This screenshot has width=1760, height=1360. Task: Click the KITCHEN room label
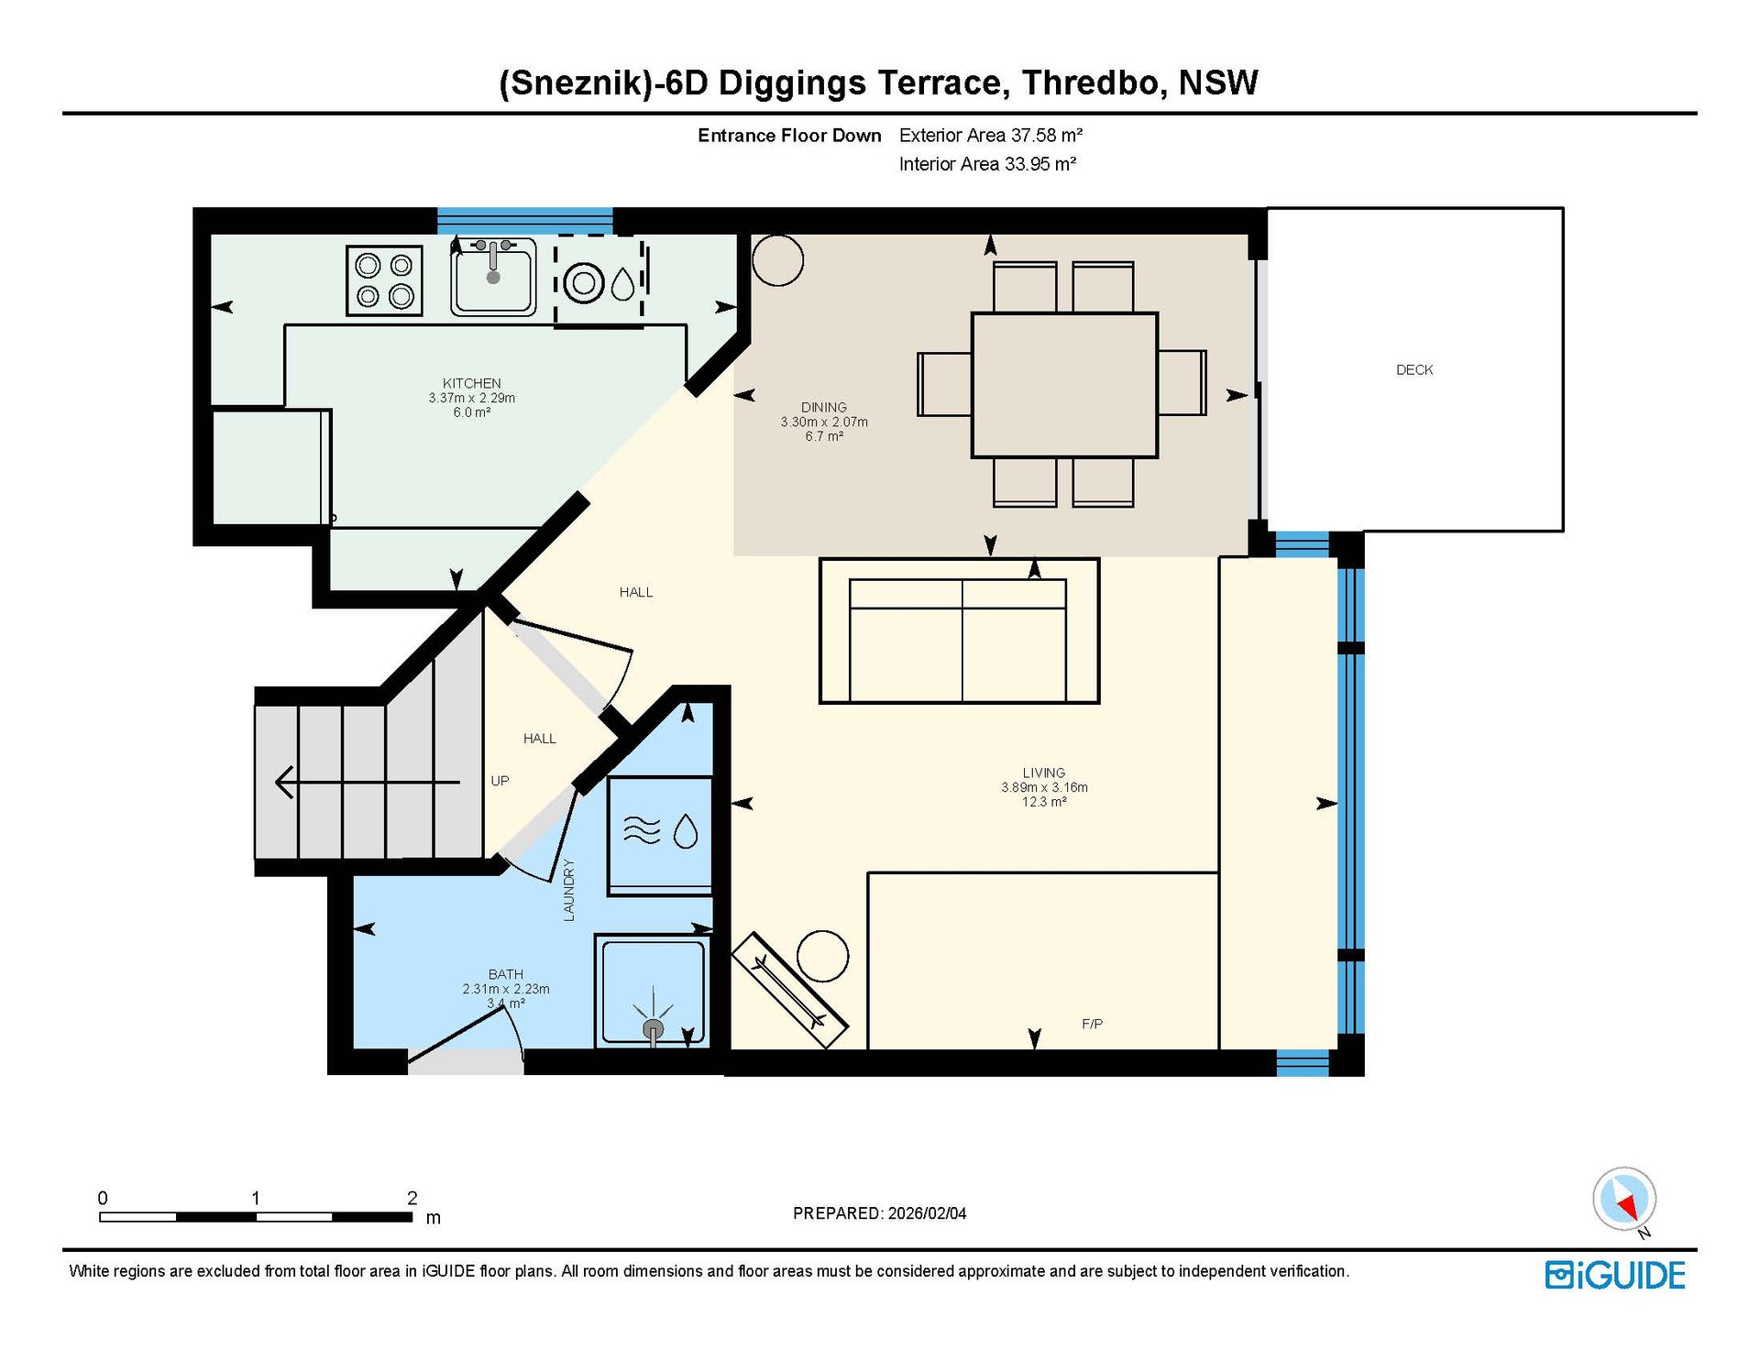point(471,383)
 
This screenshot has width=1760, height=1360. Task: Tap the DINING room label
point(823,407)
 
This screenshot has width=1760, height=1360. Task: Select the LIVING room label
point(1044,773)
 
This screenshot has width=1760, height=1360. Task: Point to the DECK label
point(1413,369)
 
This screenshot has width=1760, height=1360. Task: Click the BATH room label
point(505,974)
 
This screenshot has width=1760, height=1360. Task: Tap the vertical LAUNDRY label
point(568,889)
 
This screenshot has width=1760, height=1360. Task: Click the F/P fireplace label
point(1092,1024)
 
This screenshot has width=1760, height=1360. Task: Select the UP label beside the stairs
point(500,781)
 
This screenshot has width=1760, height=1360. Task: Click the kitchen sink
point(493,277)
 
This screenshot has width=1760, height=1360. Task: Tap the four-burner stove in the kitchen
point(384,280)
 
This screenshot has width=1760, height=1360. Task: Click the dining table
point(1064,385)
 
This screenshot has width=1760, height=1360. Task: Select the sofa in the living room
point(959,631)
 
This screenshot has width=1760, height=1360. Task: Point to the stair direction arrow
point(367,783)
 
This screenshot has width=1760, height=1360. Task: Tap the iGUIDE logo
point(1615,1276)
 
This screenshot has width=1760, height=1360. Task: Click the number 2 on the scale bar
point(412,1198)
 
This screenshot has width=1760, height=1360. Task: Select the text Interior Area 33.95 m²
point(987,164)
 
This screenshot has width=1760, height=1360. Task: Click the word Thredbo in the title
point(1094,82)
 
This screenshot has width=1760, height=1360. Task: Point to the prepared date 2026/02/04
point(927,1213)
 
